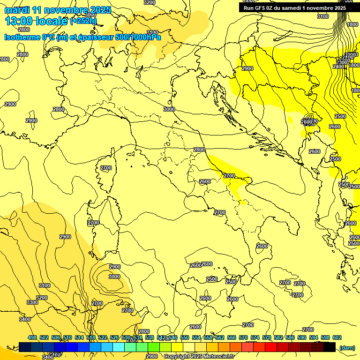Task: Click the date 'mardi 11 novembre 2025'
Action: point(58,10)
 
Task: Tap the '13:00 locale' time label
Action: point(37,21)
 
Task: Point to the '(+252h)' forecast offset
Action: point(83,21)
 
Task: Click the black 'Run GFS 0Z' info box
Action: point(294,7)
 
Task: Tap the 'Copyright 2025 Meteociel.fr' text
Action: point(199,356)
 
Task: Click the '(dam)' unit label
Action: point(346,347)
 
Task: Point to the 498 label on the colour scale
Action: point(32,337)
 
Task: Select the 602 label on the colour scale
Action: point(337,337)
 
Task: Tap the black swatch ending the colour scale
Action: point(330,347)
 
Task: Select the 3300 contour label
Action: point(32,302)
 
